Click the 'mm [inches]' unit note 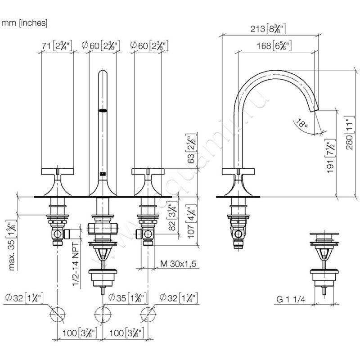(25, 22)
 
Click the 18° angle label (302, 122)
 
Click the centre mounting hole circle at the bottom (103, 313)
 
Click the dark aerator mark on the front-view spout (103, 109)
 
